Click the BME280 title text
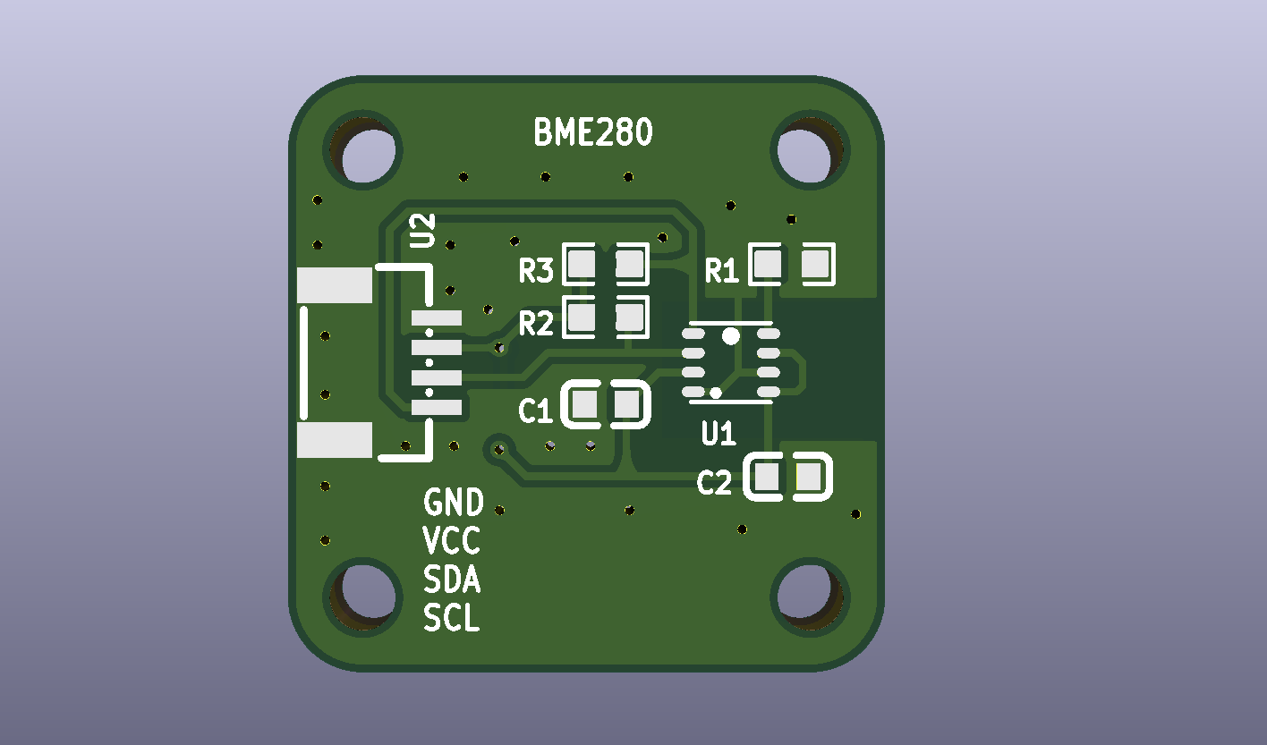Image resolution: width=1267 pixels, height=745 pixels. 592,131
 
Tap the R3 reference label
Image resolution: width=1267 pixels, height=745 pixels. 536,270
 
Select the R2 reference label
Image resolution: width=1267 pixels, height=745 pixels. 536,324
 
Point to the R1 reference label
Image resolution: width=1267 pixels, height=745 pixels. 722,270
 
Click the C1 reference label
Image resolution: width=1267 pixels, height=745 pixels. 535,411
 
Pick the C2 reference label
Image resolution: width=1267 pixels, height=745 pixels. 714,483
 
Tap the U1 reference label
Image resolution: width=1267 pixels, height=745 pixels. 719,434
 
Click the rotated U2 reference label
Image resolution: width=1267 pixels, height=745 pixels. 422,231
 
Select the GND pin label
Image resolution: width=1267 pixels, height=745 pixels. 454,503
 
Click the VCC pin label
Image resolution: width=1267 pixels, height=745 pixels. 451,540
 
